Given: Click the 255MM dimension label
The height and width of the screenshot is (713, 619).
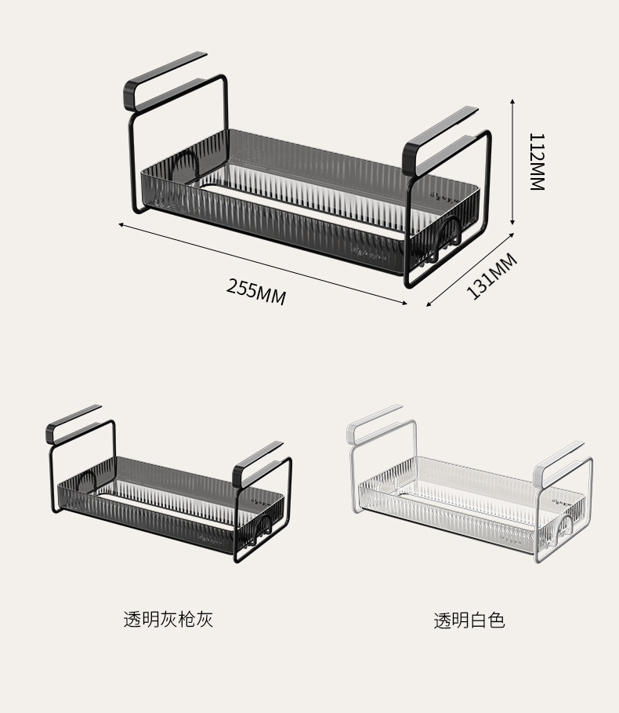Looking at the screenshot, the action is [256, 291].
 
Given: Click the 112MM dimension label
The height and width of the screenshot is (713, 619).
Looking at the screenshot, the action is [536, 161].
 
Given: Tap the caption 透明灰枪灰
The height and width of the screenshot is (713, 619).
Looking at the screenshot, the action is [168, 619].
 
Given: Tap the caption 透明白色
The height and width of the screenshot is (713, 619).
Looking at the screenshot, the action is [469, 620].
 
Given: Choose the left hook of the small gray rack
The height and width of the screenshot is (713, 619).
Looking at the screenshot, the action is [73, 421].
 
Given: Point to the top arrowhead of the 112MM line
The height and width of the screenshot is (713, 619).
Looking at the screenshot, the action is [512, 102].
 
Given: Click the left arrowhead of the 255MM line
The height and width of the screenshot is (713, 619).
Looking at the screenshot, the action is [121, 224].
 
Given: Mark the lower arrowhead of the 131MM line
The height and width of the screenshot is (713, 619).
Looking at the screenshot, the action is [429, 305].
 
